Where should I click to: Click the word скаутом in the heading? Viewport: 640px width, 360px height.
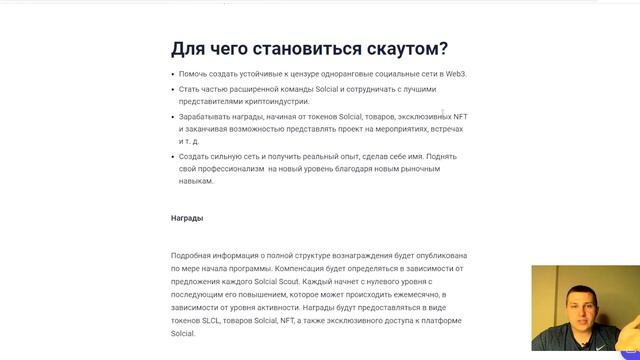(x=396, y=49)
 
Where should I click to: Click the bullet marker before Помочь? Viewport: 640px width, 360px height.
(x=174, y=74)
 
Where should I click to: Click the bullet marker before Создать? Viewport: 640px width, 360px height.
(x=174, y=157)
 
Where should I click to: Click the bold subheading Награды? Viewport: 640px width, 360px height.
(x=187, y=217)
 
